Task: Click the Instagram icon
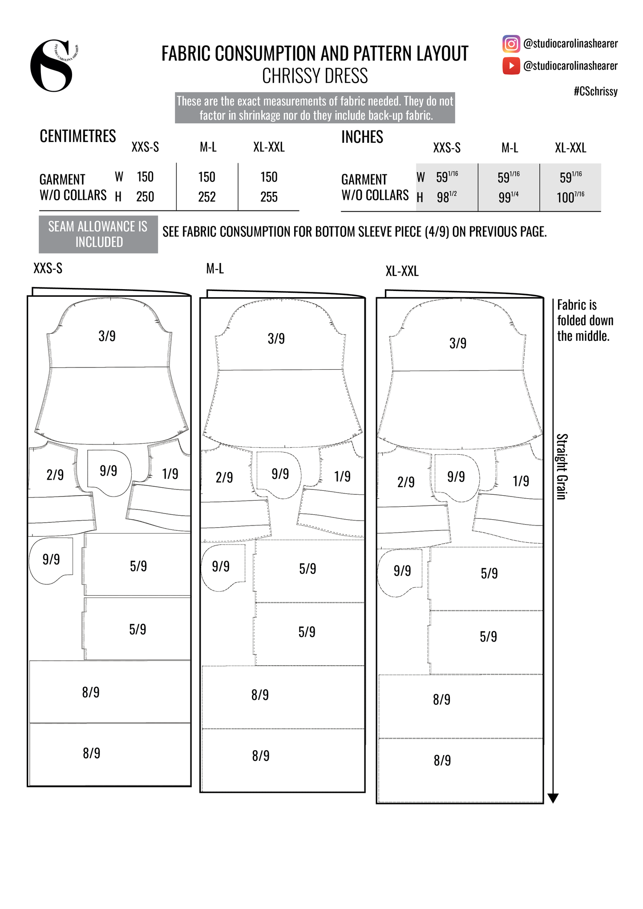click(x=511, y=44)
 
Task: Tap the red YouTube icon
click(x=511, y=66)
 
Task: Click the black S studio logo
click(x=53, y=65)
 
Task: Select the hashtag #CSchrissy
click(x=595, y=91)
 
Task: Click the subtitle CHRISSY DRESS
click(x=315, y=76)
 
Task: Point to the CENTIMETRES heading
click(x=78, y=136)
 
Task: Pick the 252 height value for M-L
click(x=207, y=197)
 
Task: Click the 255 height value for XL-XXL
click(x=269, y=197)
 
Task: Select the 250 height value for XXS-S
click(x=145, y=197)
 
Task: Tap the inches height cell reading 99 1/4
click(x=508, y=197)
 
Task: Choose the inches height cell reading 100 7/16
click(x=570, y=197)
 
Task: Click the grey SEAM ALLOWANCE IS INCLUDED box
click(x=98, y=234)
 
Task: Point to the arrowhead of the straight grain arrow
click(x=553, y=798)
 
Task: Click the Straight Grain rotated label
click(x=562, y=466)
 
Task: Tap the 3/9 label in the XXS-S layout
click(x=107, y=336)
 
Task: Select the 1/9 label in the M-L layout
click(x=342, y=477)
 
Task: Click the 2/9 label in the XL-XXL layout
click(x=405, y=482)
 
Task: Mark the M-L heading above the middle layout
click(x=215, y=269)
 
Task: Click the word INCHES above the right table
click(x=362, y=137)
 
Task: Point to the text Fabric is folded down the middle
click(x=585, y=320)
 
